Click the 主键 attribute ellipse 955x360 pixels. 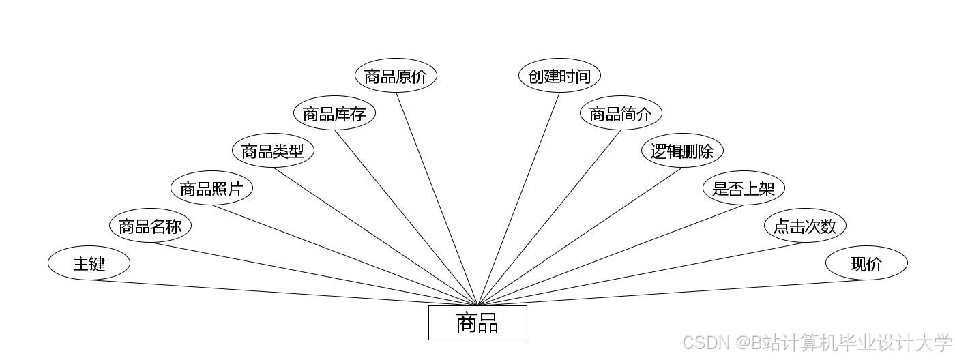click(x=89, y=263)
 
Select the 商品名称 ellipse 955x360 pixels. click(x=150, y=226)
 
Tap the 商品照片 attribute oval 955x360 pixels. click(x=211, y=188)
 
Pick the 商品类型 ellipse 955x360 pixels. click(x=273, y=151)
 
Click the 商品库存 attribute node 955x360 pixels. click(x=334, y=113)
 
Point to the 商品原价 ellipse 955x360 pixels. click(x=396, y=76)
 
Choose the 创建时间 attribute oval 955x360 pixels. click(x=559, y=76)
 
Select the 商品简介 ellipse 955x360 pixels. click(x=621, y=113)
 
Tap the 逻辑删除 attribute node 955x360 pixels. click(x=682, y=151)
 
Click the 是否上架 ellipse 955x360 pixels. click(x=744, y=188)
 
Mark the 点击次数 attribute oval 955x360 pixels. click(x=805, y=226)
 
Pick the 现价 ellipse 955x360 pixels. click(x=866, y=263)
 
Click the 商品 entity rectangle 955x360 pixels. click(x=477, y=322)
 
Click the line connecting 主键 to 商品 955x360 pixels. click(x=283, y=292)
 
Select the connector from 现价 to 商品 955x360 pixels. click(x=672, y=292)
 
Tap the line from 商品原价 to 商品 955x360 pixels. click(x=437, y=198)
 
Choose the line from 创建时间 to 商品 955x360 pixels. click(x=518, y=198)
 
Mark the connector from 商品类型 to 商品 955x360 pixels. click(x=375, y=236)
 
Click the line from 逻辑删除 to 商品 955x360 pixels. click(x=580, y=236)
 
